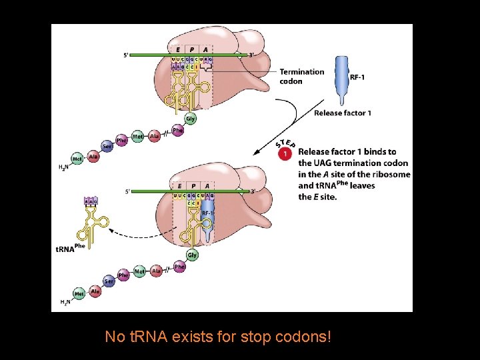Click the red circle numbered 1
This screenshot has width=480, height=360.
point(285,154)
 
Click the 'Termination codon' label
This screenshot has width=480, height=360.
point(301,76)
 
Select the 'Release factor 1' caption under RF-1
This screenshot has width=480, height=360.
point(342,113)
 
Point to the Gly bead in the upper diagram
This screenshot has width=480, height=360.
point(191,119)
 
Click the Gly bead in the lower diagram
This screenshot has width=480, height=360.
point(192,255)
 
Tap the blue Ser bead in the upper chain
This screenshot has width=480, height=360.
point(107,146)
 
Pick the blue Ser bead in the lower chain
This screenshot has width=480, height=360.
point(108,281)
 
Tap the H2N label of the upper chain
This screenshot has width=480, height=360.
point(64,167)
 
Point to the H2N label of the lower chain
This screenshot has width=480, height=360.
point(65,302)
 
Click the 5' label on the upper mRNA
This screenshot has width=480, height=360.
point(127,55)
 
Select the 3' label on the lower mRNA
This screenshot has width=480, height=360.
point(252,191)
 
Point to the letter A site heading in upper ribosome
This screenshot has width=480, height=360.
point(205,49)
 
